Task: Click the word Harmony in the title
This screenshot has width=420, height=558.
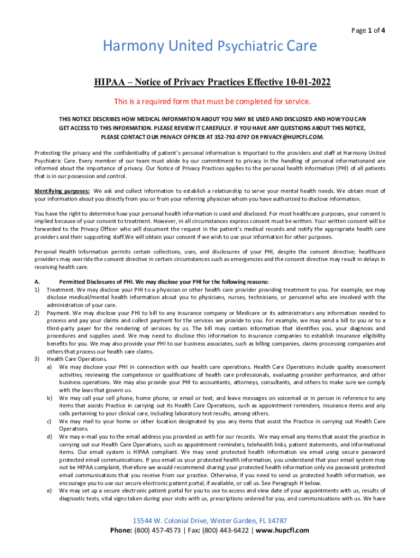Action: pyautogui.click(x=129, y=46)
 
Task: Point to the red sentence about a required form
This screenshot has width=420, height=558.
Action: pyautogui.click(x=212, y=101)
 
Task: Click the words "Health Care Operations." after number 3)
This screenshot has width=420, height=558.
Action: pyautogui.click(x=69, y=359)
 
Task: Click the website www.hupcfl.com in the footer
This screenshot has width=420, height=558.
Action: pyautogui.click(x=282, y=530)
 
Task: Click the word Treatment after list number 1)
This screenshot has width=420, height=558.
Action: pyautogui.click(x=61, y=289)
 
